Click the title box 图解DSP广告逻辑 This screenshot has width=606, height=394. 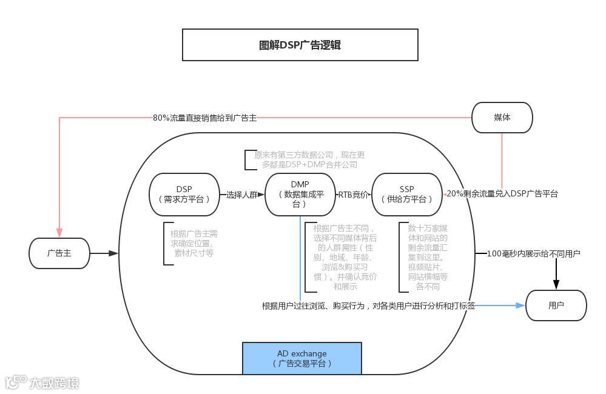point(300,45)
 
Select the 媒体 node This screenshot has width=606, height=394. point(502,118)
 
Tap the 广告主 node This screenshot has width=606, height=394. point(59,253)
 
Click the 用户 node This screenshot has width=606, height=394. point(556,306)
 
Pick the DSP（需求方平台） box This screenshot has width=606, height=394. point(184,194)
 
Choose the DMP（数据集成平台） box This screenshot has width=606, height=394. point(300,194)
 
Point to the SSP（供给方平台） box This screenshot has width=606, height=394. point(406,194)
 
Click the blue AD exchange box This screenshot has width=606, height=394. point(301,358)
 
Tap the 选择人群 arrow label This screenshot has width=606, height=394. point(242,195)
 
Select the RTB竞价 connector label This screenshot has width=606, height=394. point(353,195)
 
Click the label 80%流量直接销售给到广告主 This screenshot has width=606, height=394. point(204,118)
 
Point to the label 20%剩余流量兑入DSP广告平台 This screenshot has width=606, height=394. point(502,194)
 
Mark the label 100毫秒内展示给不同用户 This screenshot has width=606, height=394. point(534,253)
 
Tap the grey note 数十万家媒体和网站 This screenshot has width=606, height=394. point(428,257)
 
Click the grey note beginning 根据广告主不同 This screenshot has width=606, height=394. point(345,257)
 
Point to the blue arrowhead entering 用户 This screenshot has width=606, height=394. point(520,306)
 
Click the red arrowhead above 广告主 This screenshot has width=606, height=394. point(59,233)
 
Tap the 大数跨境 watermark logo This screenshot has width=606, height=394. point(42,382)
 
